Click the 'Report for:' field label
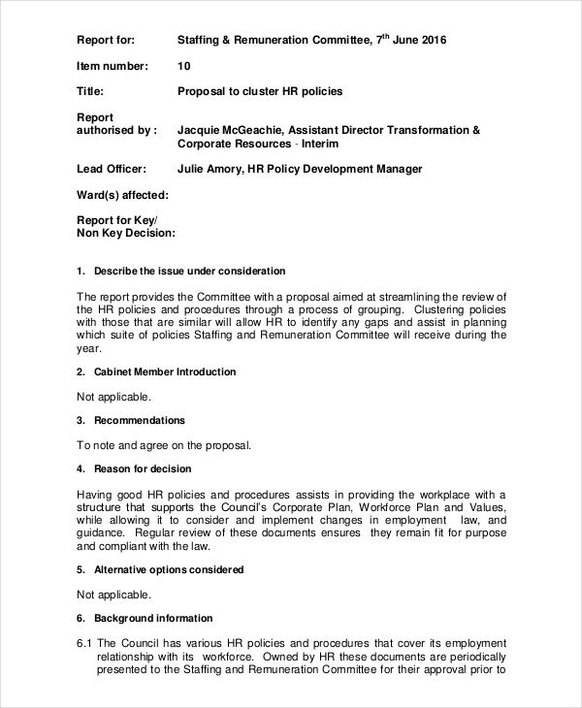[106, 40]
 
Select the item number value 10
[184, 66]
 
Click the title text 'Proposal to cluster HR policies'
[260, 92]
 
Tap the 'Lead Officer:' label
[112, 169]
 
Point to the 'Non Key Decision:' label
[126, 233]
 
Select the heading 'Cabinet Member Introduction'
[164, 371]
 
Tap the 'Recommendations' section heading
[139, 421]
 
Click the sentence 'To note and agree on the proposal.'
[164, 446]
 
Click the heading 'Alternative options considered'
[168, 569]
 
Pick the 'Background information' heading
[153, 618]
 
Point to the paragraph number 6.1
[83, 643]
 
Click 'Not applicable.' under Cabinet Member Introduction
[113, 397]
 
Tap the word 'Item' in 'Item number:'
[87, 66]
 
